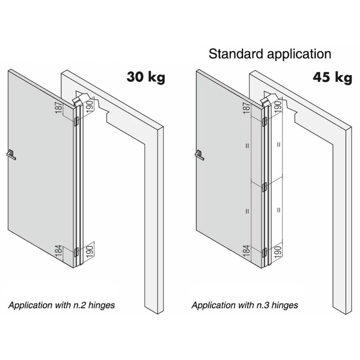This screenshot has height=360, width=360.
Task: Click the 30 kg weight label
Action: click(x=146, y=77)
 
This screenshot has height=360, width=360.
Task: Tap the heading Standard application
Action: click(x=270, y=54)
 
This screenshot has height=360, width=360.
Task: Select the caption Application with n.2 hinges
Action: click(x=62, y=305)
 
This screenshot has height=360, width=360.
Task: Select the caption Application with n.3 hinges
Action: click(x=245, y=305)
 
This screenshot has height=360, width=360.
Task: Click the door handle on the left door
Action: click(x=11, y=155)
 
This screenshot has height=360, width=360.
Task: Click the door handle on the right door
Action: click(x=199, y=155)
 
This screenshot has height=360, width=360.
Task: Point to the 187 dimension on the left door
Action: click(x=59, y=107)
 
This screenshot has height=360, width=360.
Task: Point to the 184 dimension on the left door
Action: click(x=59, y=251)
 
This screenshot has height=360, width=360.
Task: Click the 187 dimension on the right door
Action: click(x=246, y=108)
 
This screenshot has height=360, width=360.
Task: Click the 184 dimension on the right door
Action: click(x=246, y=251)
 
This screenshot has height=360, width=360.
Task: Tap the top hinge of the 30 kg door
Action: click(x=76, y=121)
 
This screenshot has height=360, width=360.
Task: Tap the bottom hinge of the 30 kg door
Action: click(x=76, y=252)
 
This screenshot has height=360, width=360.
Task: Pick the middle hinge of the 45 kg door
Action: click(x=265, y=187)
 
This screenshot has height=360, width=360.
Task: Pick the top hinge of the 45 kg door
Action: click(x=265, y=122)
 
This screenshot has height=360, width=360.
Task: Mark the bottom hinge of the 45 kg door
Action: click(x=265, y=252)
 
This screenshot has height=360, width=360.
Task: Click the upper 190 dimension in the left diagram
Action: click(x=90, y=106)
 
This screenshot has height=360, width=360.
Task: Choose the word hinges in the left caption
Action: click(x=102, y=305)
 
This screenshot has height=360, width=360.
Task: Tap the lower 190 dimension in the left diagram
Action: click(x=90, y=251)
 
